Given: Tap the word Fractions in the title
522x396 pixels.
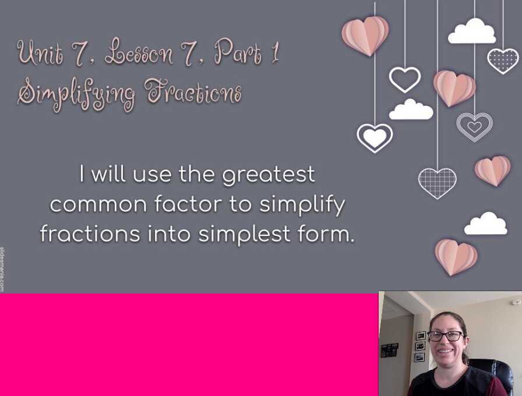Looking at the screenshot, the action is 193,90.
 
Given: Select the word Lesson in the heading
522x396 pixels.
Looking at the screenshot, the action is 139,52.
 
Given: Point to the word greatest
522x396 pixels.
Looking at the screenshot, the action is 269,175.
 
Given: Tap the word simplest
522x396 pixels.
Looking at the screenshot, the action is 244,234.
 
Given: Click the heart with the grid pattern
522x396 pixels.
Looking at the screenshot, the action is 437,183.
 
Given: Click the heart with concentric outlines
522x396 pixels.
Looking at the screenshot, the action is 474,126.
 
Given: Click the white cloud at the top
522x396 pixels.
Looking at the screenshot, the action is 472,31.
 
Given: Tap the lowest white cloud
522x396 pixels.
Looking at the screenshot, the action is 486,224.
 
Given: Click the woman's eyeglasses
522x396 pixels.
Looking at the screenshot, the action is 445,336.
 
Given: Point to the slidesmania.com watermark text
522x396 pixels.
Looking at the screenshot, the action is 2,269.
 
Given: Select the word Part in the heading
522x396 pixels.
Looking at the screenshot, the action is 238,52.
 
